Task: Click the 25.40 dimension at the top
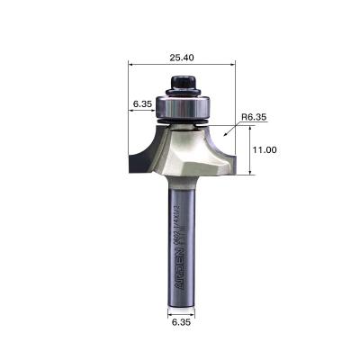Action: tap(182, 56)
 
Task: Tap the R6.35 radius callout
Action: tap(255, 116)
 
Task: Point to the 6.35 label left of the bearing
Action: tap(142, 104)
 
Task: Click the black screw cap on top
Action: tap(182, 84)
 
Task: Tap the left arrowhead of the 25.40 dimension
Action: tap(132, 65)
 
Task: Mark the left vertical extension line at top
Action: tap(129, 90)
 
